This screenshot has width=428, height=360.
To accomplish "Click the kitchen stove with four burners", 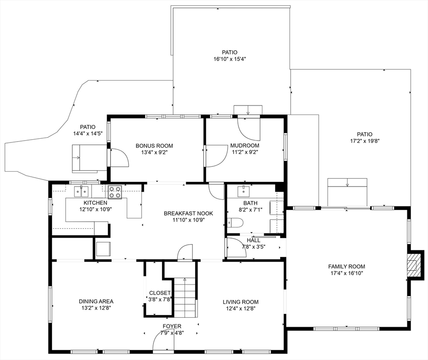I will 115,191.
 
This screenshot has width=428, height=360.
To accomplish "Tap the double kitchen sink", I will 81,191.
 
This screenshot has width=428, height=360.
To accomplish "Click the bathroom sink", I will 243,190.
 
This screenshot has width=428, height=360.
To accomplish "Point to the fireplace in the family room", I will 413,265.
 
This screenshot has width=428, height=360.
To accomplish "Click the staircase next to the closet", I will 185,297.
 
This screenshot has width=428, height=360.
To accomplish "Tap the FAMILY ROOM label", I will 346,266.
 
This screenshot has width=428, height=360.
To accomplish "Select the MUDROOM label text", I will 245,145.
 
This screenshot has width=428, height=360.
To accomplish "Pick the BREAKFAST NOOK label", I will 188,213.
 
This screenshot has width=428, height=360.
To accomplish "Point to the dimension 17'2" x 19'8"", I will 364,141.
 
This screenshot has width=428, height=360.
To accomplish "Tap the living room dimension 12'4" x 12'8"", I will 240,308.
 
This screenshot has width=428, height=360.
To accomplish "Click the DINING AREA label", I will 96,301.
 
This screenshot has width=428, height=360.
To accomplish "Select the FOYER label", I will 172,326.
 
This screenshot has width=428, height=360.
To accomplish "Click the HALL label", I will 253,240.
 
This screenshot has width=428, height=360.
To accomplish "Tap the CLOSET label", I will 160,292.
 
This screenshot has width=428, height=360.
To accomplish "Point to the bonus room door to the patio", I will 119,157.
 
